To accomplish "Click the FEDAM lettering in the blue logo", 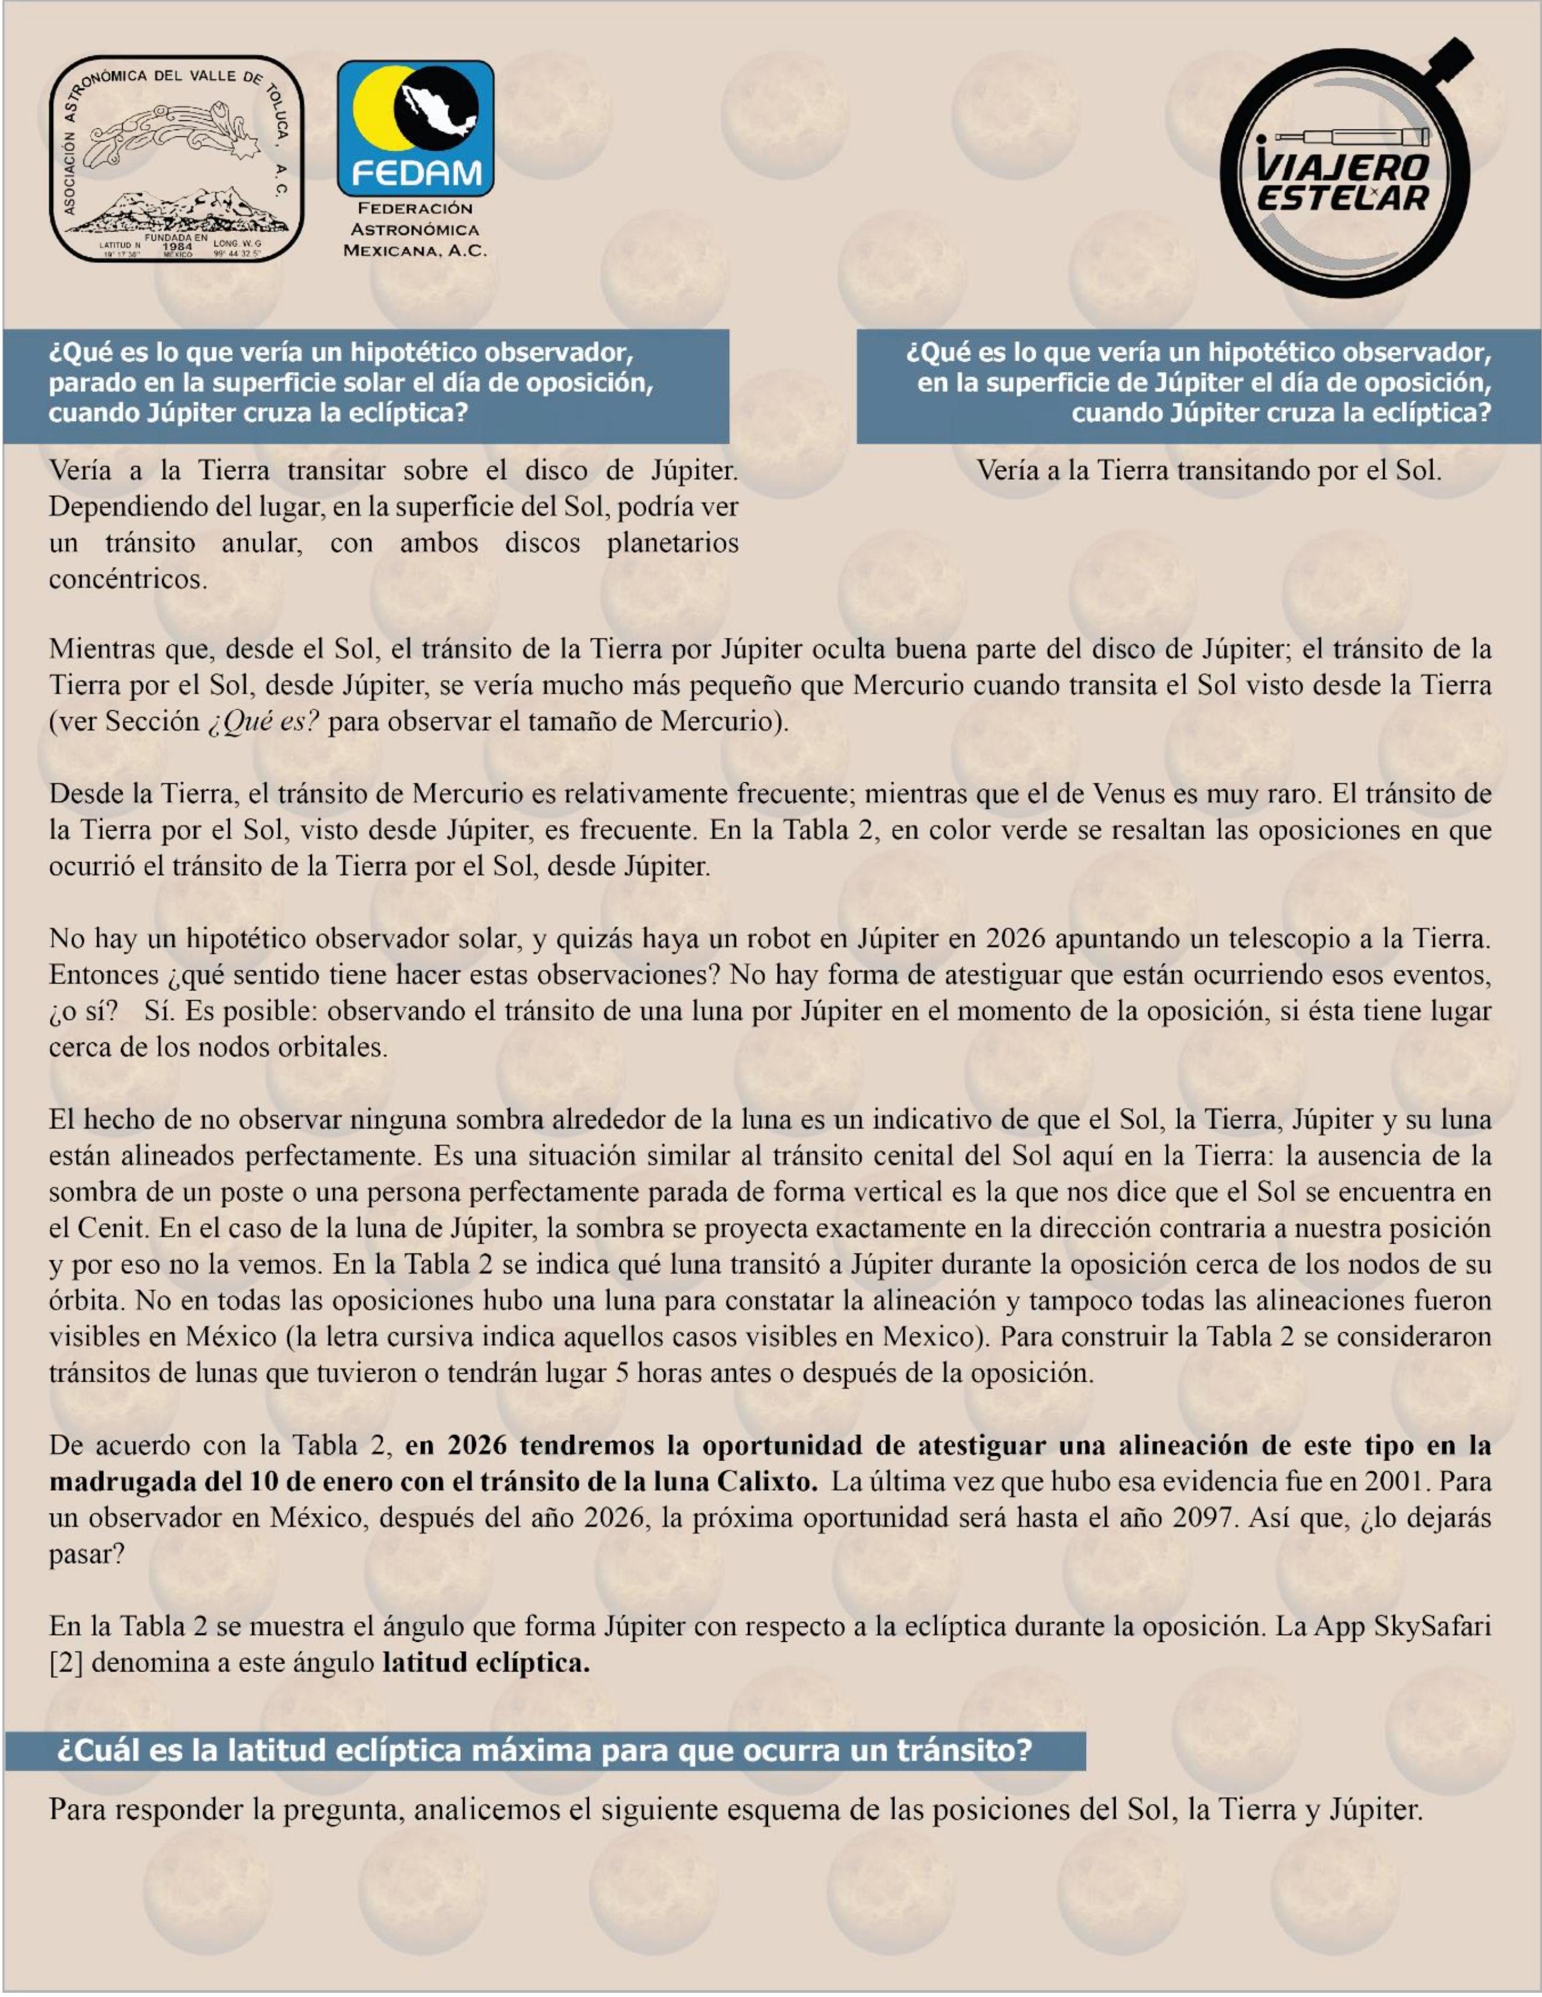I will coord(416,172).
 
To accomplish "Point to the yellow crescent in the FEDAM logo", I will coord(370,114).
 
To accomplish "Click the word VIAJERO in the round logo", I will coord(1342,168).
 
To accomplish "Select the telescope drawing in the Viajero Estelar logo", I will coord(1353,138).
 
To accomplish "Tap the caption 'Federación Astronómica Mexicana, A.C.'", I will coord(415,229).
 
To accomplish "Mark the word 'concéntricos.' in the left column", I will coord(128,579).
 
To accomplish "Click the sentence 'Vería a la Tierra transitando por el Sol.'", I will coord(1208,470).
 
